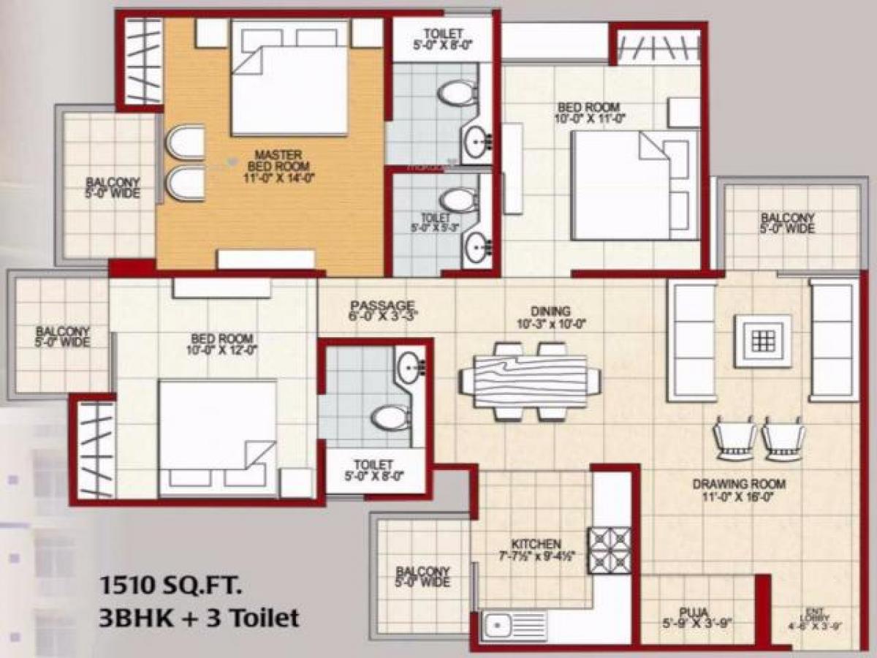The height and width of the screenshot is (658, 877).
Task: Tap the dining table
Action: [530, 381]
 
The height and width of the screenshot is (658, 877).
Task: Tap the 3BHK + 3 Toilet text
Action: [199, 618]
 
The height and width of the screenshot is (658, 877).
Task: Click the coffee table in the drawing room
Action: [763, 340]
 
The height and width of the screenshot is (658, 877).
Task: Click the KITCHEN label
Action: [536, 549]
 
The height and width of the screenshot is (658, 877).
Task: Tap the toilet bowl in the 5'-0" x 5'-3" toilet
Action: [459, 198]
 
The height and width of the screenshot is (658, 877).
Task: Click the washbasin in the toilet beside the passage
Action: [410, 364]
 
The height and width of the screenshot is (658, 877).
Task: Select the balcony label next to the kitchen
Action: [423, 577]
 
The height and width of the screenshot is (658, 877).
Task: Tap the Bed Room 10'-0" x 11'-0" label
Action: [592, 113]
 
